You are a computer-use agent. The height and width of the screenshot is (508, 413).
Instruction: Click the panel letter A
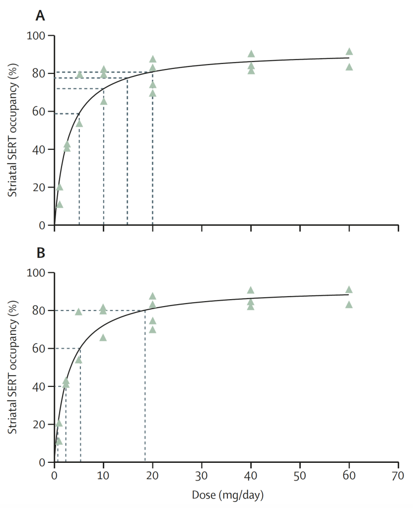(40, 16)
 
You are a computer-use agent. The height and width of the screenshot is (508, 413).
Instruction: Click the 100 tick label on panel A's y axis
(38, 36)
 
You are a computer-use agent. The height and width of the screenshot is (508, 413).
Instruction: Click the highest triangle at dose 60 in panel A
(349, 52)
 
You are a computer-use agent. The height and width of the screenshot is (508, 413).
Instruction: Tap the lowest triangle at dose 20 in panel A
(152, 93)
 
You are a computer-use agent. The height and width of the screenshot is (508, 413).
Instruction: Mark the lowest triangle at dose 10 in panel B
(103, 338)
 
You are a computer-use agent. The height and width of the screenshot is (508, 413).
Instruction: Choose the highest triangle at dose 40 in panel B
(251, 290)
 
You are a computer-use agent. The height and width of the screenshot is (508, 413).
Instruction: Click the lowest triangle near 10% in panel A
(60, 204)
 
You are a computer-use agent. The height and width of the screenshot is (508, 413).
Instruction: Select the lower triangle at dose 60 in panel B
(349, 305)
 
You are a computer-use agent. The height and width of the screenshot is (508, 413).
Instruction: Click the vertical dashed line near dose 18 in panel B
(145, 387)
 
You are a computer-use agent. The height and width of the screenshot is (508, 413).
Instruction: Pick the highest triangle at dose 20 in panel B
(152, 296)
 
